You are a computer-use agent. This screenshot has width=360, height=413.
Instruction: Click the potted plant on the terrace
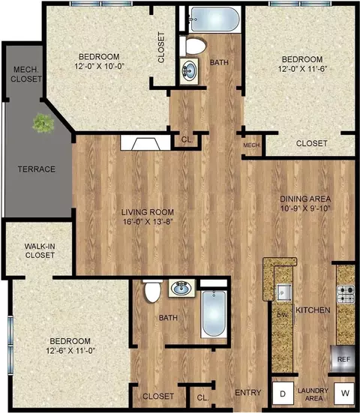coord(43,123)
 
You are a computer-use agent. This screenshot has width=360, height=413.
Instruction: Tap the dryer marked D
coord(283,394)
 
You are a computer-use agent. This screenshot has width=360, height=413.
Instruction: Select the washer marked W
coord(345,393)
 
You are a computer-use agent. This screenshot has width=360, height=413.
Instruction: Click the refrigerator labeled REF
coord(343,359)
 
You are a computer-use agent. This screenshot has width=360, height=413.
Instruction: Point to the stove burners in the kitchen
coord(346,294)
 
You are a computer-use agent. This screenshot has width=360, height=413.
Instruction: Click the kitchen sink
coord(283,292)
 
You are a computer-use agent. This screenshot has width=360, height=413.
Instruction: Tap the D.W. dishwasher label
coord(283,315)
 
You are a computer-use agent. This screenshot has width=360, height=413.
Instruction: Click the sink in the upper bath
coord(189,70)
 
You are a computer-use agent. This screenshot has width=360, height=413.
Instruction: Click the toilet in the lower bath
coord(152,291)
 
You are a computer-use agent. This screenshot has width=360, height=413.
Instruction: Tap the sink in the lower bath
coord(181,288)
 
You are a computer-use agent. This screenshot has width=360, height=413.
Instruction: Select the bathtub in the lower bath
coord(214,314)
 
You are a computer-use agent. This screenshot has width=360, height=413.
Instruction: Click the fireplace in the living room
coord(145,143)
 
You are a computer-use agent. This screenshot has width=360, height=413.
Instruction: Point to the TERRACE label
coord(37,169)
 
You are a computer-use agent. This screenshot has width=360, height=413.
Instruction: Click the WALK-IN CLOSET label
coord(40,251)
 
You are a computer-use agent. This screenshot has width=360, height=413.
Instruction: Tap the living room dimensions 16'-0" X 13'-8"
coord(148,222)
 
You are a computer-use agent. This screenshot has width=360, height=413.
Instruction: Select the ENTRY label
coord(248,393)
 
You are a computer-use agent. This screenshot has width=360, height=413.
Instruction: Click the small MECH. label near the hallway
coord(252,145)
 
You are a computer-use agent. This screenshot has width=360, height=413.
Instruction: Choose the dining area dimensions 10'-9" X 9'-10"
coord(305,208)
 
